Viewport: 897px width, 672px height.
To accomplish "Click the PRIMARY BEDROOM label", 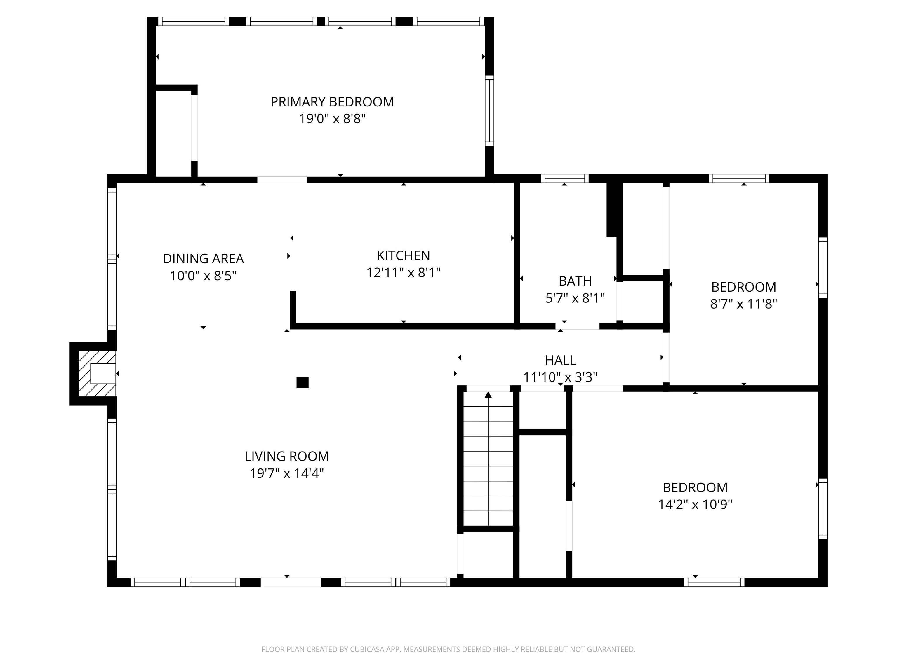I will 332,102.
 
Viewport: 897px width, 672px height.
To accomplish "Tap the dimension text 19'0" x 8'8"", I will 332,119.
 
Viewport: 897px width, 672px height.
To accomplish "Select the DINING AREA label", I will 203,258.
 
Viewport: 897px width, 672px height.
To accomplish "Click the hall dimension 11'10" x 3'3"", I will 560,377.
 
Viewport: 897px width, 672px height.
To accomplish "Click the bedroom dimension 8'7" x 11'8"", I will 743,304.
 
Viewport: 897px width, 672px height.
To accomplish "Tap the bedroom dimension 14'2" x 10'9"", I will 695,505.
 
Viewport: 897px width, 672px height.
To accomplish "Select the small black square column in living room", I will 302,382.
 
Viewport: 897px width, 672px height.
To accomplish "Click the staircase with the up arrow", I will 488,462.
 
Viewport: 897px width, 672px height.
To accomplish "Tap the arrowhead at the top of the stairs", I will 488,395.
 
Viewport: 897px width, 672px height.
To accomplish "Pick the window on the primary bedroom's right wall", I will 489,111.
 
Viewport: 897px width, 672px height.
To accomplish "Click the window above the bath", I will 564,178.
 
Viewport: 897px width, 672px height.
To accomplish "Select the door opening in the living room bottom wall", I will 291,582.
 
